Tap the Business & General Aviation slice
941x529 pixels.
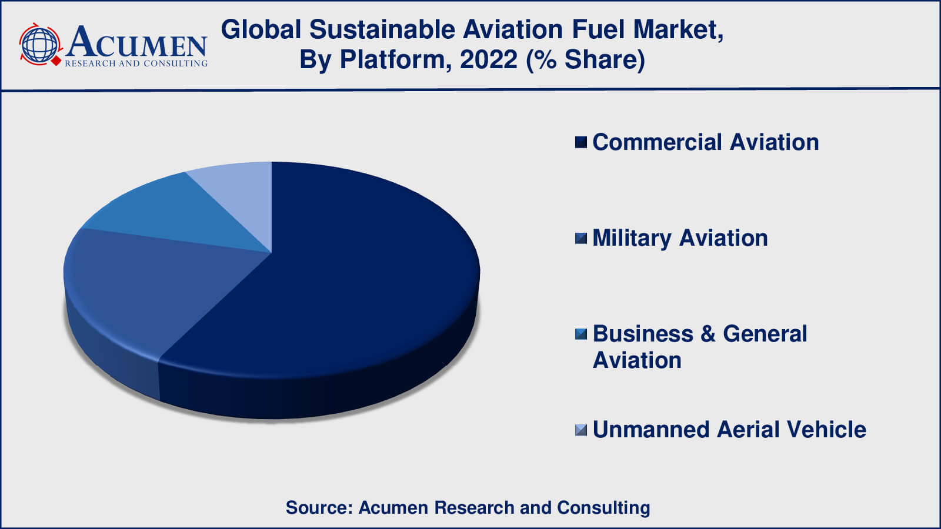click(181, 214)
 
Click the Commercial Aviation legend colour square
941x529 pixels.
click(581, 142)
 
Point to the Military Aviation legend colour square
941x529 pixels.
click(581, 238)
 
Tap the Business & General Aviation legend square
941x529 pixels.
click(581, 334)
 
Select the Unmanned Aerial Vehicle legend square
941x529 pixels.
click(581, 430)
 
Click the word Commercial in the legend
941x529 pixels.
click(658, 142)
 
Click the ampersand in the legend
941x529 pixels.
click(708, 334)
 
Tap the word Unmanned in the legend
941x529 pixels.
click(651, 430)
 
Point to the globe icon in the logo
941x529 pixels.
click(40, 45)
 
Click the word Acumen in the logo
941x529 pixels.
click(136, 42)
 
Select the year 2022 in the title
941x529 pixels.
click(489, 59)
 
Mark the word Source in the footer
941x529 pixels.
click(319, 508)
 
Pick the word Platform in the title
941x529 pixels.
click(396, 59)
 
